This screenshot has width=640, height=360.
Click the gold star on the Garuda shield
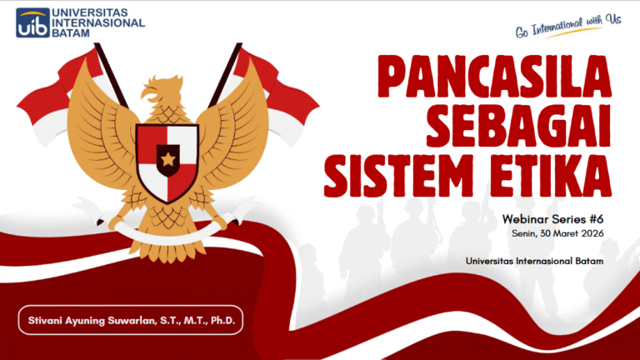pos(167,157)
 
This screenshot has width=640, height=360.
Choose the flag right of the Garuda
pos(275,92)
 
